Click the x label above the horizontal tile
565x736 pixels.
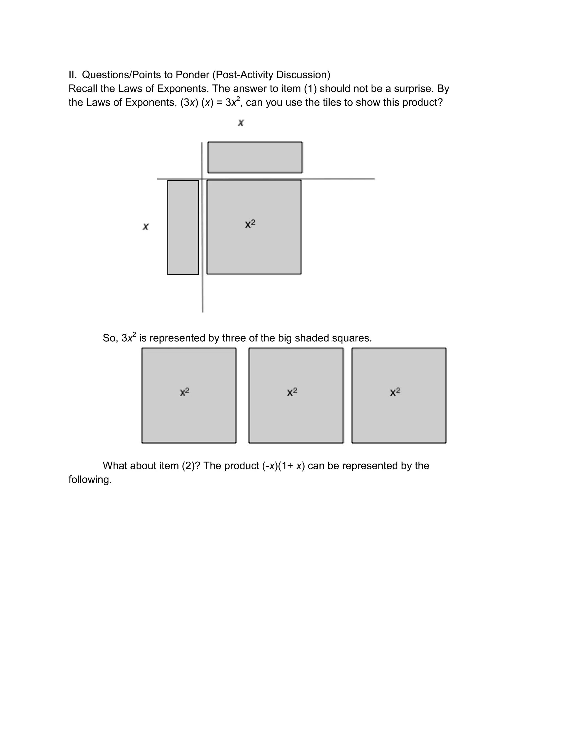(241, 123)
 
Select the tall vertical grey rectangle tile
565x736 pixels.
(183, 228)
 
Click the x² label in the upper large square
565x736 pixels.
(250, 224)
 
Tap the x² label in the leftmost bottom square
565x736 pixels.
(185, 392)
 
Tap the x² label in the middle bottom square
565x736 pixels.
(292, 392)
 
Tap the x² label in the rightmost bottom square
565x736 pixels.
(395, 392)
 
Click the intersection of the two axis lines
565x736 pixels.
(202, 179)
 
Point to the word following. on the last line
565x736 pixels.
(90, 480)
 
